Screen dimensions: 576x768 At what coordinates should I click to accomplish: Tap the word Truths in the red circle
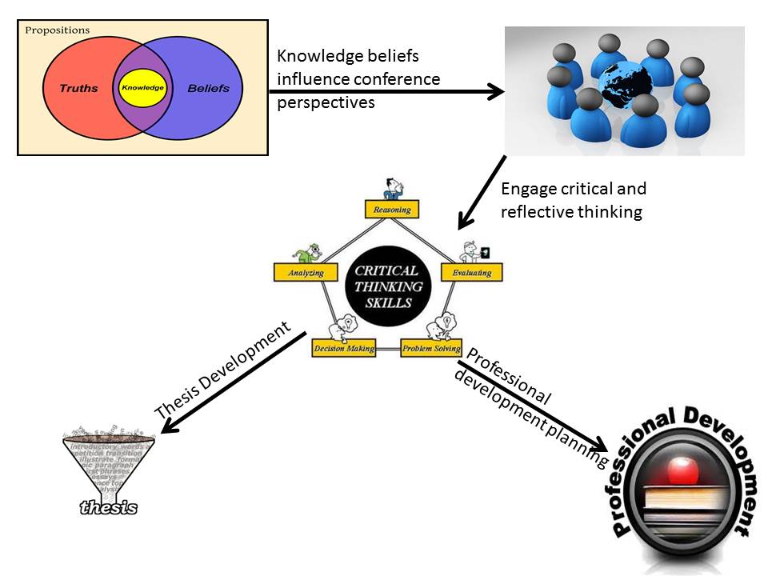click(x=78, y=87)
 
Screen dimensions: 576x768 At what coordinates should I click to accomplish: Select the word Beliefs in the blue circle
click(x=208, y=87)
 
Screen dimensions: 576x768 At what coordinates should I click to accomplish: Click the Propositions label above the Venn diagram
click(x=58, y=30)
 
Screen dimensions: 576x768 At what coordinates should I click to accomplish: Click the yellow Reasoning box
click(x=392, y=210)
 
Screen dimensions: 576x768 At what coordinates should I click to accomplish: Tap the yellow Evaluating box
click(x=472, y=272)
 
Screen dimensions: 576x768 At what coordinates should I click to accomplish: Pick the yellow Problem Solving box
click(x=431, y=349)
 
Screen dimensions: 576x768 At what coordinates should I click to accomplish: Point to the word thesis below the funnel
click(x=109, y=506)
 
